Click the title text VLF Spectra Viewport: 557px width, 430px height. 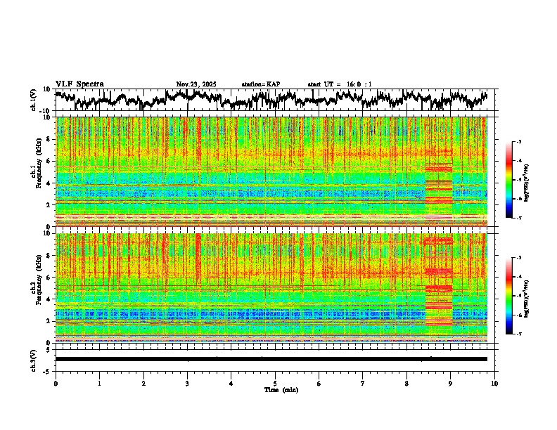(79, 84)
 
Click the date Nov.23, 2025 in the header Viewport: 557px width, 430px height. (196, 84)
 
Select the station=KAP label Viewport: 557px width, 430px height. (261, 84)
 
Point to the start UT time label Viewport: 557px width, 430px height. (340, 84)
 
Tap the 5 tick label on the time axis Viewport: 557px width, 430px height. (275, 384)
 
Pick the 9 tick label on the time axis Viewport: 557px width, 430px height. (451, 384)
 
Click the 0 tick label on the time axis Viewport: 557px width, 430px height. (56, 384)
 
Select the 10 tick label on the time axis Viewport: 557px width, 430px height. (494, 384)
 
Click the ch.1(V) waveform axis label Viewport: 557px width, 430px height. (34, 100)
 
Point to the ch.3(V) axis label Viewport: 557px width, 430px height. (34, 359)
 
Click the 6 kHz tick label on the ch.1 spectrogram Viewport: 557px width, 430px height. (49, 161)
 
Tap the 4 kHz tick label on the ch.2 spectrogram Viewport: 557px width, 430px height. (49, 299)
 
